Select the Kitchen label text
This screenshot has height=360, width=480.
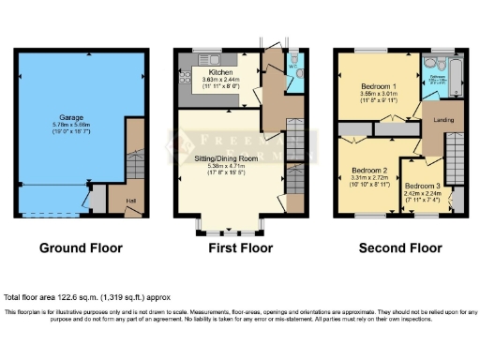221,72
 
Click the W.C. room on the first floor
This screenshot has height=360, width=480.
292,67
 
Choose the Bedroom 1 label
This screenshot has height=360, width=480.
379,87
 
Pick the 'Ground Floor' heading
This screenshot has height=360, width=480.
78,248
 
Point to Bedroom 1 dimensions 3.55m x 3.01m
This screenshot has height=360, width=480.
379,94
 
